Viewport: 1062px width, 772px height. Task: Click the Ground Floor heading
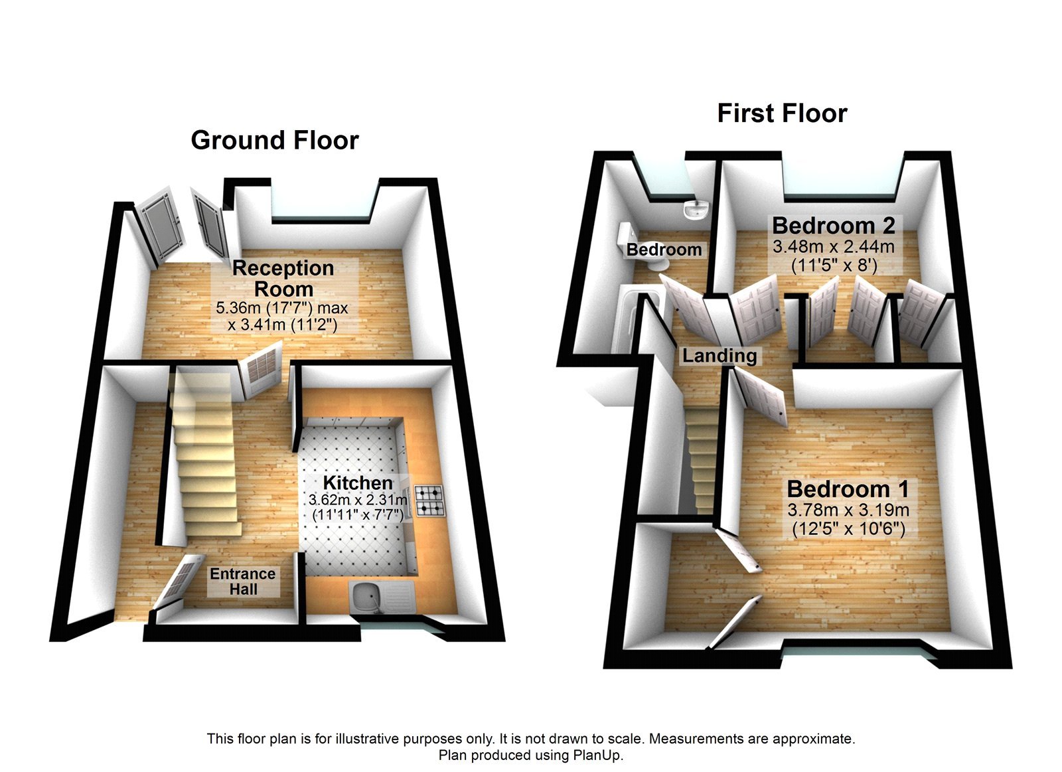pos(275,140)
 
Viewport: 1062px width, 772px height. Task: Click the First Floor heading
pos(782,114)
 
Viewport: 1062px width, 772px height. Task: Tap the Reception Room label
pos(283,278)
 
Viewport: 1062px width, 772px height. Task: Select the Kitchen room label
pos(358,483)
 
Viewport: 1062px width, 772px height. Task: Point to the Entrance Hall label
pos(243,581)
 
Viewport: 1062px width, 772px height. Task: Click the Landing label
pos(720,356)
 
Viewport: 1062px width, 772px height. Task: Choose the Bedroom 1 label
pos(848,489)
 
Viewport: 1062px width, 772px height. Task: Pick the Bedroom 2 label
pos(834,226)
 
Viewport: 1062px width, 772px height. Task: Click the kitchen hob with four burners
pos(429,502)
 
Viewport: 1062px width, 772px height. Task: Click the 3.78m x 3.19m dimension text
pos(848,510)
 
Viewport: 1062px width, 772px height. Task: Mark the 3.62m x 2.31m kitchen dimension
pos(358,500)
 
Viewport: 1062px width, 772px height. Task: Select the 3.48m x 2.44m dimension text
pos(834,247)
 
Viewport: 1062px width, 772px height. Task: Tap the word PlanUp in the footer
pos(601,755)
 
